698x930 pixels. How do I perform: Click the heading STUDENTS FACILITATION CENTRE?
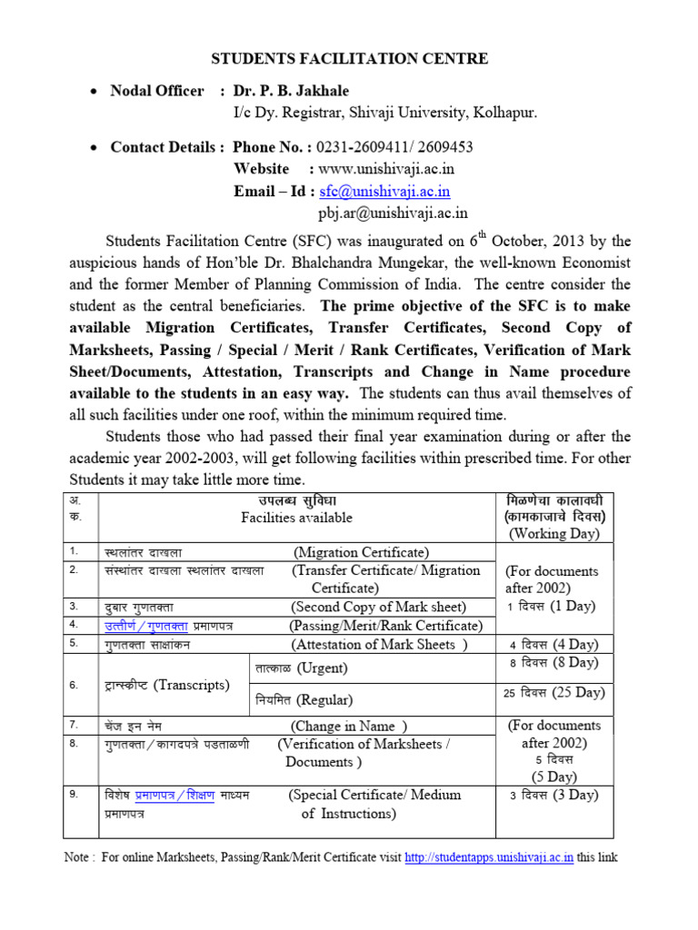(349, 59)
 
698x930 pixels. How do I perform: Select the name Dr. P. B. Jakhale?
(291, 91)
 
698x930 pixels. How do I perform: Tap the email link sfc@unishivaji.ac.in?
(384, 192)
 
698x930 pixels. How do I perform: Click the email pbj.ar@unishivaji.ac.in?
(393, 213)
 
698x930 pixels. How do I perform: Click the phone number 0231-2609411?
(354, 147)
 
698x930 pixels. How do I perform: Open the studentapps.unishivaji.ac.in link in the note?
(488, 857)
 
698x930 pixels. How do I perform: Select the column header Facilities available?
(296, 518)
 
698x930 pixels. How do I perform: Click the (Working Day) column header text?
(554, 533)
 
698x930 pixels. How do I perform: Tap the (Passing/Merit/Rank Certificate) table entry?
(385, 626)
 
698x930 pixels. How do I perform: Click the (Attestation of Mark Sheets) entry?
(379, 645)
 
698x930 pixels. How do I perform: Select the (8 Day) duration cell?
(554, 663)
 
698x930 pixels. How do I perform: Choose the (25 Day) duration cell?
(554, 692)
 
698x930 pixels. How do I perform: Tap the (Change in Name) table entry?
(349, 726)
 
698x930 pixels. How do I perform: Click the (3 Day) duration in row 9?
(554, 795)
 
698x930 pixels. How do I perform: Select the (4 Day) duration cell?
(554, 644)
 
